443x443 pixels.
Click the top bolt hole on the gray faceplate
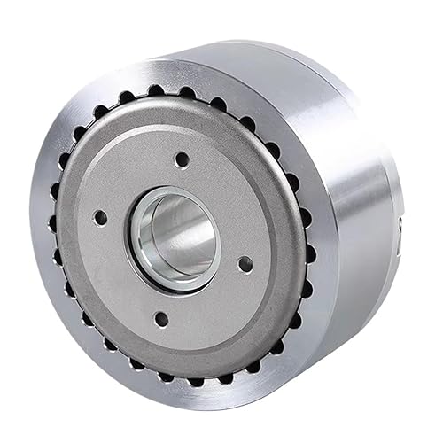click(x=182, y=160)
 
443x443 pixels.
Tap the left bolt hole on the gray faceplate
click(x=100, y=216)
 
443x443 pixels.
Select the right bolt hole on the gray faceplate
click(x=245, y=263)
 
